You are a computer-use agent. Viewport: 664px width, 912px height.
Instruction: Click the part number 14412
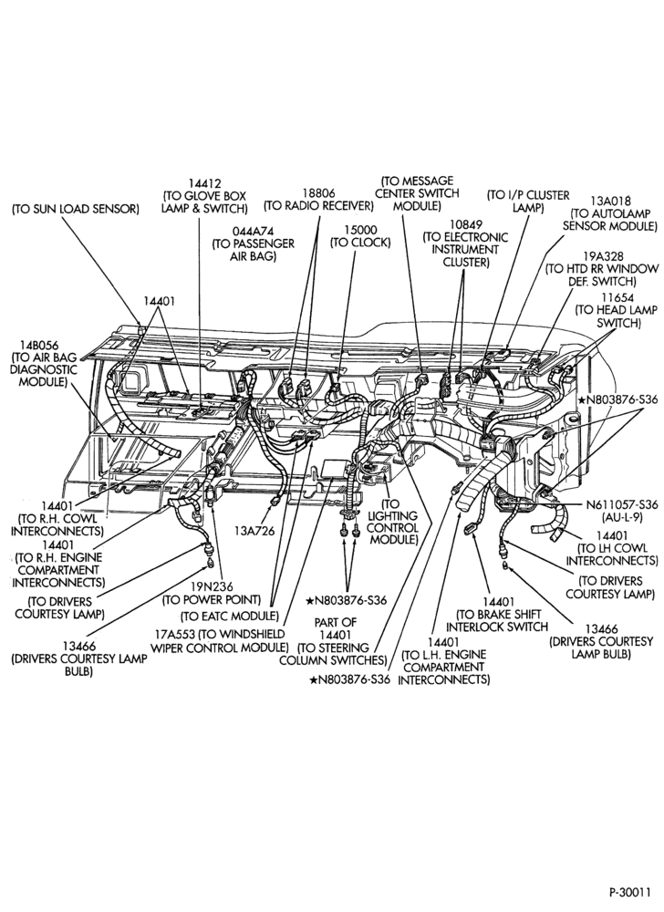204,183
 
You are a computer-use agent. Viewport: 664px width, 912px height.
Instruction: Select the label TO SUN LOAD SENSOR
76,209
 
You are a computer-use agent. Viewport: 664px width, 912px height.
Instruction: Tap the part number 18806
318,192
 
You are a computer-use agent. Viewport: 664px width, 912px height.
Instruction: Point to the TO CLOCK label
360,243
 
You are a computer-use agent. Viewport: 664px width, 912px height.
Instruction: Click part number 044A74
254,231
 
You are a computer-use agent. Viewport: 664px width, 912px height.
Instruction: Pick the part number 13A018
610,201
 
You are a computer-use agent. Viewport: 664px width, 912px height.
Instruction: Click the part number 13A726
254,531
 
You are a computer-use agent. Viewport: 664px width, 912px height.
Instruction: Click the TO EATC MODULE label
230,616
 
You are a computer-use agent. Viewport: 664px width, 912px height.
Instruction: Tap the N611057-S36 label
621,504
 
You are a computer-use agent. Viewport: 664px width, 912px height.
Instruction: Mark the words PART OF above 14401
336,622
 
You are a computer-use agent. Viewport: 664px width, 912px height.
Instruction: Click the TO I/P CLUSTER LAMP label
528,202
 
